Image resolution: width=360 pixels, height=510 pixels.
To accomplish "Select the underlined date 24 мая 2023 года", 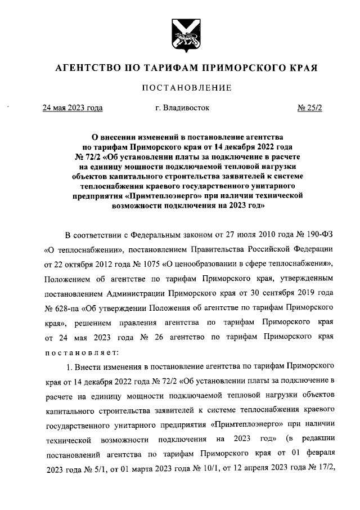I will click(72, 108).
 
